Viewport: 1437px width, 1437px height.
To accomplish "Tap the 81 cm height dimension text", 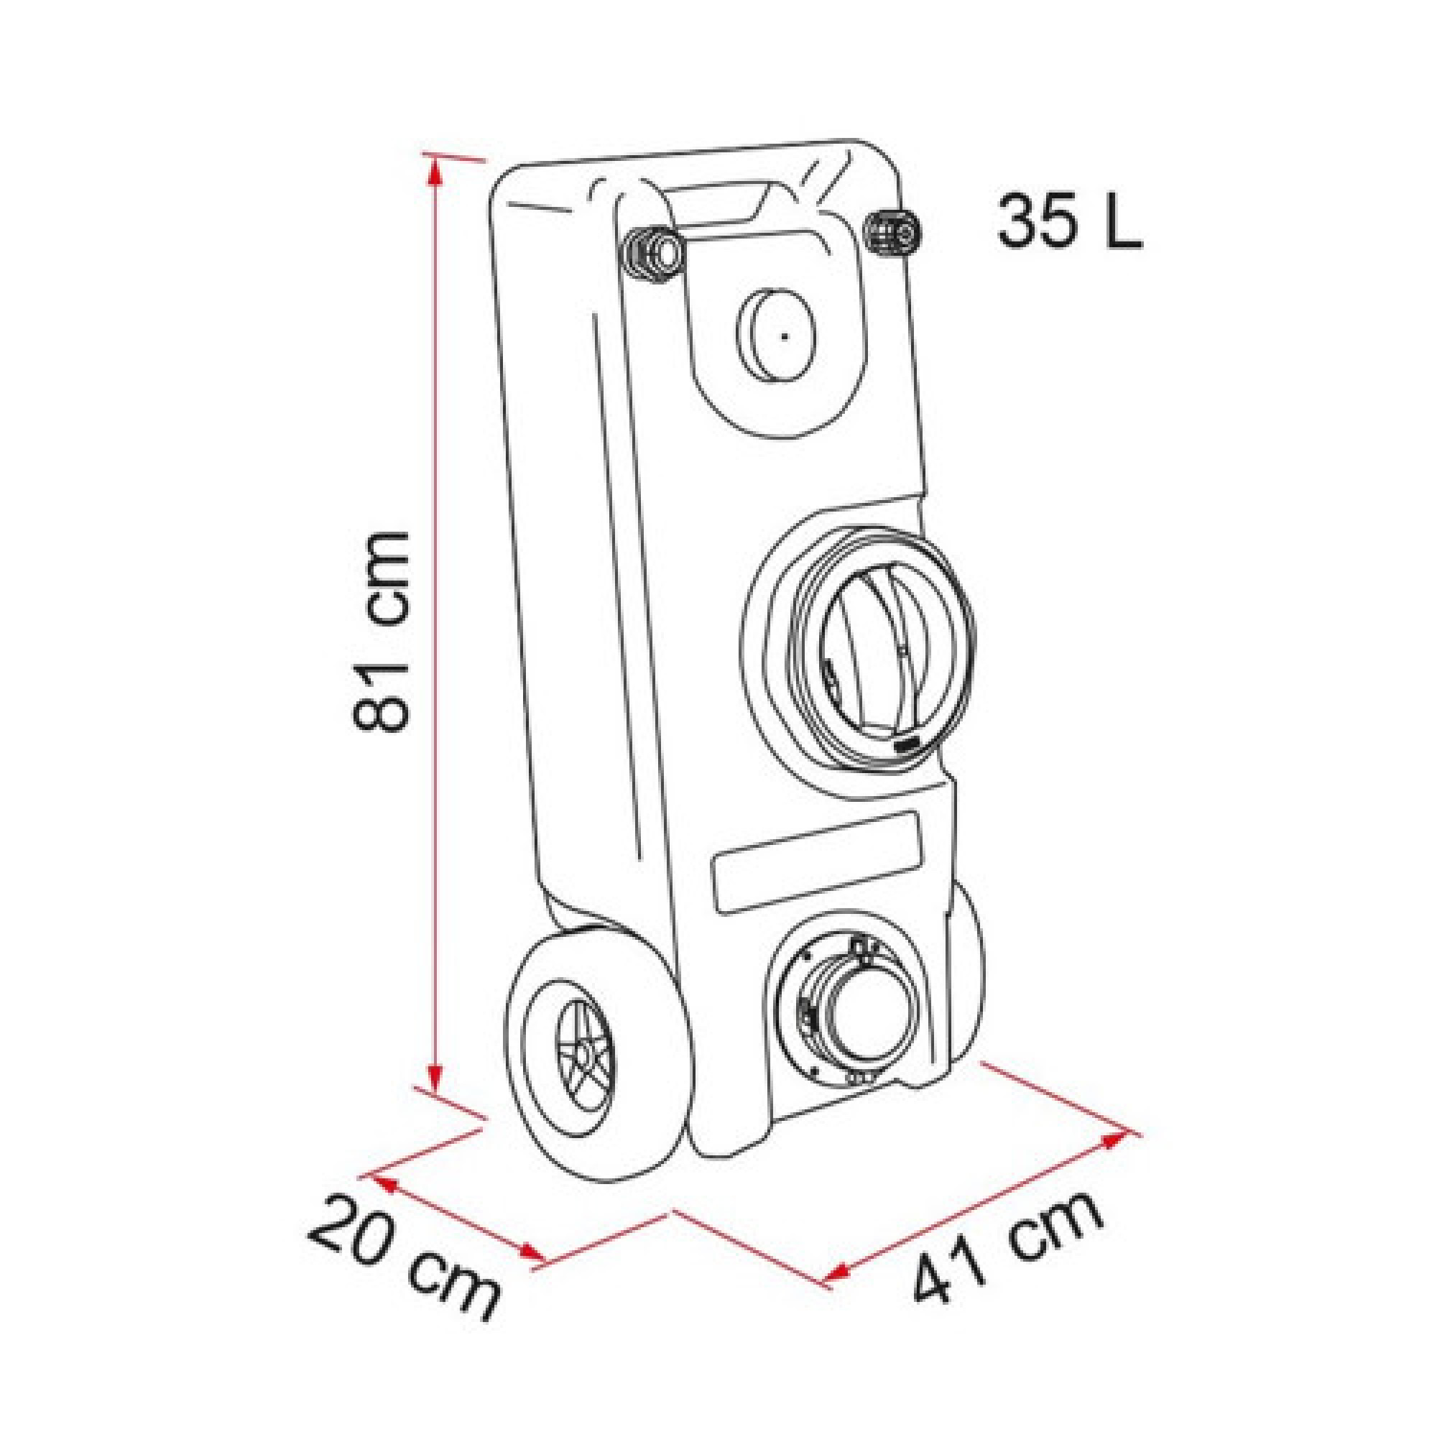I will (x=380, y=632).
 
